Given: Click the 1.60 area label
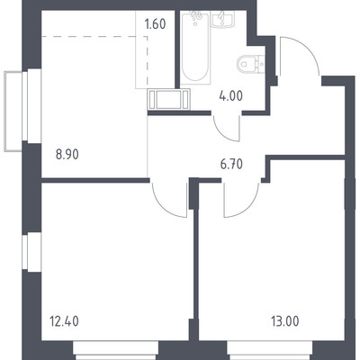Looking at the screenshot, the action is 155,24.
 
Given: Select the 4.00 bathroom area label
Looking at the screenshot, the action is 230,96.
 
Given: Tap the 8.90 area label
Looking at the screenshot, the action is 67,155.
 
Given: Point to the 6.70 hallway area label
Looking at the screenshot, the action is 231,165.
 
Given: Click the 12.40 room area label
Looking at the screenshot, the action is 63,321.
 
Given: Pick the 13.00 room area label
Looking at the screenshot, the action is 284,321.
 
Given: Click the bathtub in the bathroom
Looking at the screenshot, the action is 195,47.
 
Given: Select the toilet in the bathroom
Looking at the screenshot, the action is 250,64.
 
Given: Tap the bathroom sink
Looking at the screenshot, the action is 221,19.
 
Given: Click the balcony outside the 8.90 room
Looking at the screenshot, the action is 13,111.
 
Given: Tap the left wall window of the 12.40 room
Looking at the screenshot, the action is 31,252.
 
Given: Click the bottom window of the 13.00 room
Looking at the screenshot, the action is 270,350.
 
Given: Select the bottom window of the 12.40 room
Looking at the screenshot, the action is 116,350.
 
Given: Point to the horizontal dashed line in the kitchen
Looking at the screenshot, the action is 94,37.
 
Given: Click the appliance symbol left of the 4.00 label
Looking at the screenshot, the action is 168,99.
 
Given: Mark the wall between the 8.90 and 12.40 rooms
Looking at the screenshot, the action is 95,180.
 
